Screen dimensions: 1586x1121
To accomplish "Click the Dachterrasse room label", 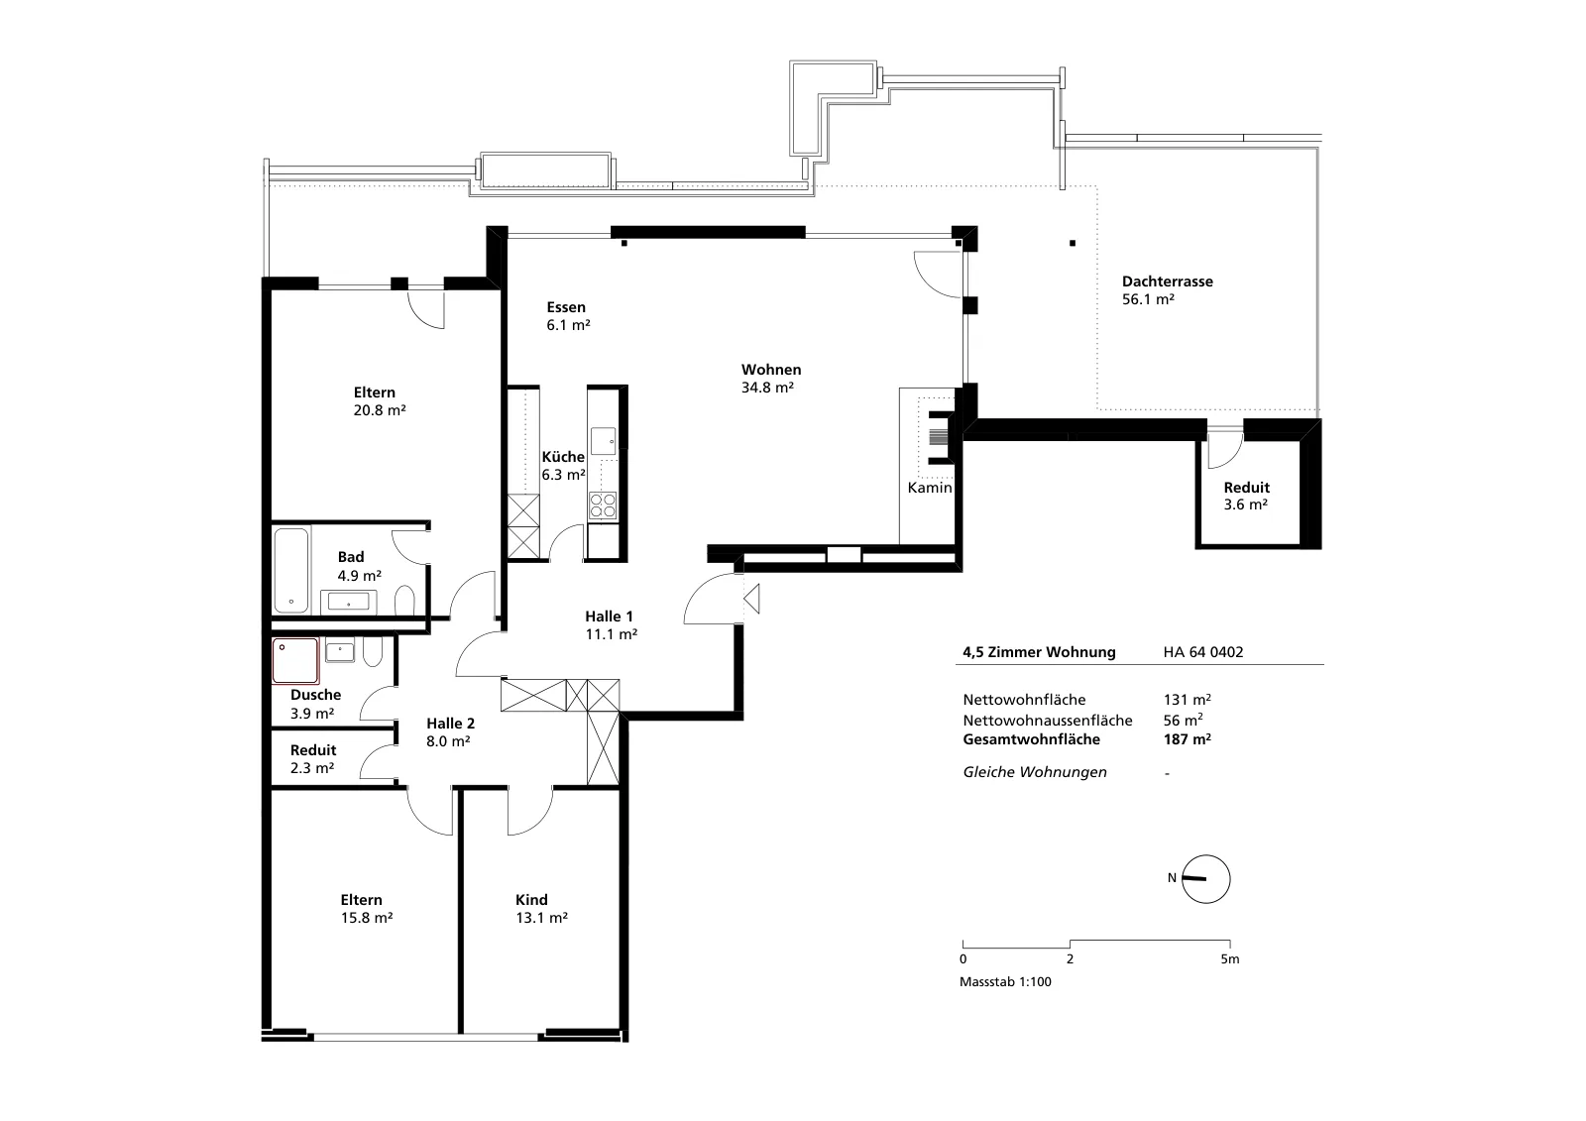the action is (1168, 281).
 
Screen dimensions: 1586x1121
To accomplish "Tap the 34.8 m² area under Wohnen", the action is (767, 388).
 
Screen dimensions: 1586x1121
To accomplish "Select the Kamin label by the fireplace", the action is (930, 488).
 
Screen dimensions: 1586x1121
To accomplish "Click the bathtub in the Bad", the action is (291, 569).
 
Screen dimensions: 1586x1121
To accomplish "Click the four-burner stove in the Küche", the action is (603, 506).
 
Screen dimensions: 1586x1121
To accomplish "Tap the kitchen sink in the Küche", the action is (604, 440).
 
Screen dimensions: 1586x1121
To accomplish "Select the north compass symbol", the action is (1205, 879).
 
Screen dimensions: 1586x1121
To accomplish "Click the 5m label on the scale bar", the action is (1230, 958).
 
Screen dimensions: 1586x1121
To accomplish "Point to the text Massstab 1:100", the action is (1005, 981).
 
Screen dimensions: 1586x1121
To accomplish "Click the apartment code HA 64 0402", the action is (1203, 652).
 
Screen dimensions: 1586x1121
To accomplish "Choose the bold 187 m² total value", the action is (1187, 739).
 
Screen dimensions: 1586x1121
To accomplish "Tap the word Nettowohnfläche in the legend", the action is (1024, 700).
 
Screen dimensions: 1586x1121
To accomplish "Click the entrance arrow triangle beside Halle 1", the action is (752, 599).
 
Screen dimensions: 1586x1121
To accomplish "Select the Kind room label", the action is (531, 899).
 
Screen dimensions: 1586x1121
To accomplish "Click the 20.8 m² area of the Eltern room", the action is (380, 410).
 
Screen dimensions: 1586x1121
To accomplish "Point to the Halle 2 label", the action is (450, 723).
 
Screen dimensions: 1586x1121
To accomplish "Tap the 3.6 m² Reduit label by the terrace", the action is (1245, 504).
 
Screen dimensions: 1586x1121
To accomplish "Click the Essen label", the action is (566, 307).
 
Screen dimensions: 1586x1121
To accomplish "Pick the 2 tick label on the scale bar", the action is (1070, 958).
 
